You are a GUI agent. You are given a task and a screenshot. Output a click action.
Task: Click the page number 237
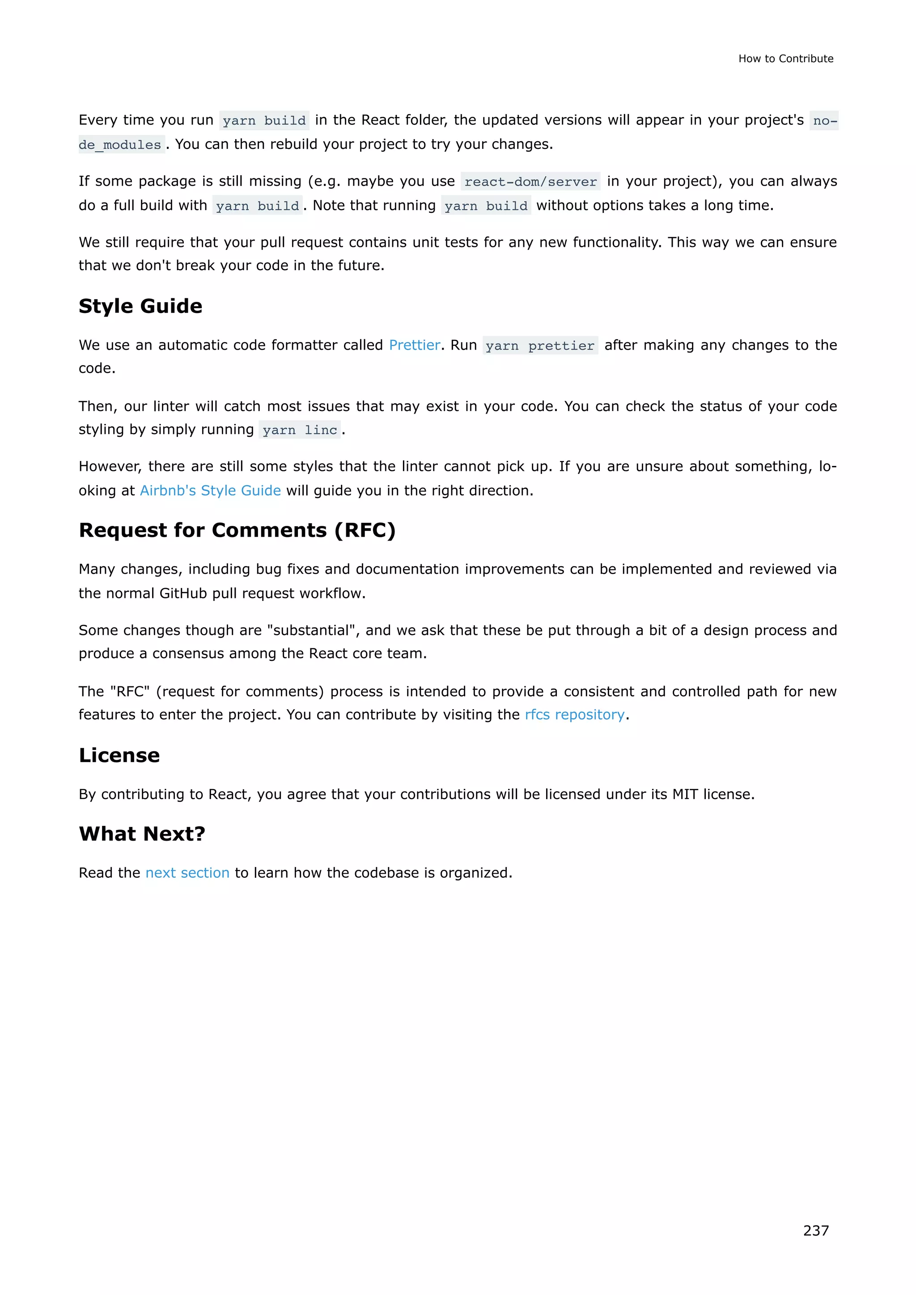coord(816,1230)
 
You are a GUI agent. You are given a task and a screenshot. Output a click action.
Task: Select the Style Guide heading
coord(140,306)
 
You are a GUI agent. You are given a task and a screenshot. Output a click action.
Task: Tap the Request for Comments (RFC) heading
coord(237,530)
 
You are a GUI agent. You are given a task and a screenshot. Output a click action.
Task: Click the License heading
coord(119,755)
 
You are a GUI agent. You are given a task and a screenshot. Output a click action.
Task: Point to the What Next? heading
coord(142,834)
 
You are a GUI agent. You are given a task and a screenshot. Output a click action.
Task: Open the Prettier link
coord(414,345)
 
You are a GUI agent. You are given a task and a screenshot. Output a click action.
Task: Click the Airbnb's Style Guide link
coord(210,491)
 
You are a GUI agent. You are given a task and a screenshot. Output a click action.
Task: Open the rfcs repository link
coord(574,715)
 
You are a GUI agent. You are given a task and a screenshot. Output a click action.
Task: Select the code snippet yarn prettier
coord(540,346)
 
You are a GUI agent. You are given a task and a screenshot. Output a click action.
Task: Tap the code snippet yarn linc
coord(300,430)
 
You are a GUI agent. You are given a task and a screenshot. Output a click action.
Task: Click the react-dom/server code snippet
coord(530,182)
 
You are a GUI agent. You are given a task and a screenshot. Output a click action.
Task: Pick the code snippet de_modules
coord(120,145)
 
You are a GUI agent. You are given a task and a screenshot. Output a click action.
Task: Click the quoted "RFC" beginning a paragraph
coord(130,691)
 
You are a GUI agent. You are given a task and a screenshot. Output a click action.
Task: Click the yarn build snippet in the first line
coord(264,121)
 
